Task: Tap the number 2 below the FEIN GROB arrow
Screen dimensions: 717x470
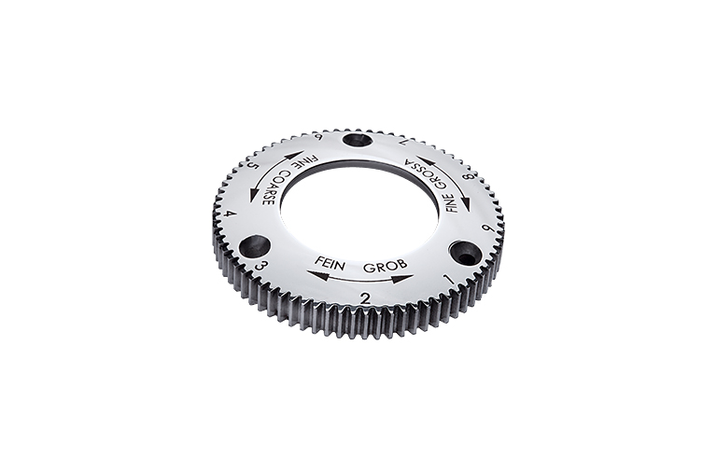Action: tap(365, 299)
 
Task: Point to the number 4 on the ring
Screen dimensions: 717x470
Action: tap(225, 214)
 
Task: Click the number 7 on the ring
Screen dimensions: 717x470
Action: tap(402, 142)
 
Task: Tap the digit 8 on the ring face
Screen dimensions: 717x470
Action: tap(468, 178)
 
